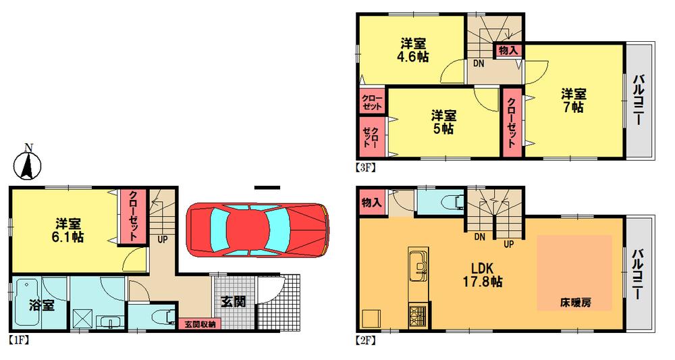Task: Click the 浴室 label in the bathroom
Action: (x=40, y=305)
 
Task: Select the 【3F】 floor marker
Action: (x=365, y=165)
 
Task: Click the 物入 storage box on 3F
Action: (x=508, y=50)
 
